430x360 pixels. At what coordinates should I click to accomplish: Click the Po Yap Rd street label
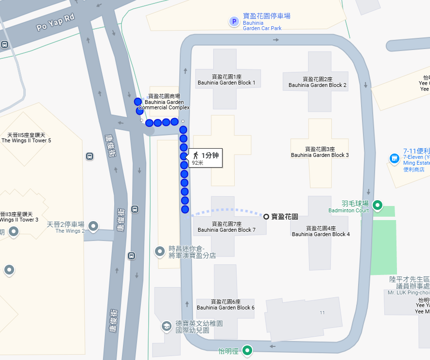[x=55, y=23]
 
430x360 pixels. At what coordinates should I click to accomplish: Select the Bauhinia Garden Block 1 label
[x=226, y=80]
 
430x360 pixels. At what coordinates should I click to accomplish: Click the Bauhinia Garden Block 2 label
[x=317, y=82]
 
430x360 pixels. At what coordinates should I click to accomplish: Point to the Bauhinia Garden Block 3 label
[x=320, y=152]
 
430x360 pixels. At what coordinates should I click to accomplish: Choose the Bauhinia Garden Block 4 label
[x=321, y=231]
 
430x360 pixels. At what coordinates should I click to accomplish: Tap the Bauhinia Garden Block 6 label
[x=226, y=305]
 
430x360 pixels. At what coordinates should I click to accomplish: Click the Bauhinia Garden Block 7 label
[x=226, y=227]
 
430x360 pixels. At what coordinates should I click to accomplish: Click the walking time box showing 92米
[x=206, y=158]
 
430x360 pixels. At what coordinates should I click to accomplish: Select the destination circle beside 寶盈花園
[x=266, y=216]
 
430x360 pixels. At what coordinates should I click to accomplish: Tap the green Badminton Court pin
[x=377, y=206]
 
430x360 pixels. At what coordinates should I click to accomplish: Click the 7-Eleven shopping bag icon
[x=394, y=158]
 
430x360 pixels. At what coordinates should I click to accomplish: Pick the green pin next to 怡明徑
[x=247, y=350]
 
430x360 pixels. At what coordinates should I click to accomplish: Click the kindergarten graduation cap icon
[x=166, y=326]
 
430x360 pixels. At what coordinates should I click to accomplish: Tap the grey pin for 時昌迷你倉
[x=159, y=251]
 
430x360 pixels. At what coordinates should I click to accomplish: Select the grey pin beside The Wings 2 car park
[x=93, y=226]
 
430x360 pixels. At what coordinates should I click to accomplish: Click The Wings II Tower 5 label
[x=26, y=137]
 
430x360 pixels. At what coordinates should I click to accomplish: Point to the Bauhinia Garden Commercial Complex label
[x=164, y=102]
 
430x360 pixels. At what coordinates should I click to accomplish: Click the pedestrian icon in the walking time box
[x=195, y=155]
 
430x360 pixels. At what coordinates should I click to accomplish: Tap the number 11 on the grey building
[x=322, y=312]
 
